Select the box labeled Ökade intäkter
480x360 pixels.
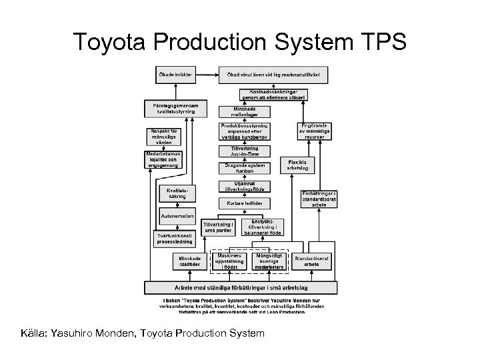click(x=175, y=74)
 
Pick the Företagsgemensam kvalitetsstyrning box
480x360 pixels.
click(x=175, y=108)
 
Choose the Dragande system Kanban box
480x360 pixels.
click(x=244, y=169)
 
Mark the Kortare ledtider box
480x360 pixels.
click(x=244, y=203)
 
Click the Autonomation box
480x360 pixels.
click(x=177, y=217)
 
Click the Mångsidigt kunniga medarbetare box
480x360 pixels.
click(x=269, y=261)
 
